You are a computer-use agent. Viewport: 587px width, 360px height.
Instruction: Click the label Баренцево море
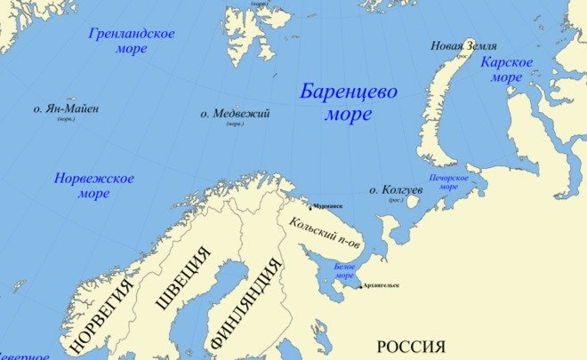tap(348, 102)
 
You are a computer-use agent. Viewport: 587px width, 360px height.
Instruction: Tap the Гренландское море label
tap(132, 41)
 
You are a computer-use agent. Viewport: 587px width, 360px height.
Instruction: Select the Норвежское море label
tap(93, 186)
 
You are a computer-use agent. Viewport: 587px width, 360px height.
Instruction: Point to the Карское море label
tap(506, 69)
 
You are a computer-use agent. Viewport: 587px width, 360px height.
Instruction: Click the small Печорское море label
tap(449, 182)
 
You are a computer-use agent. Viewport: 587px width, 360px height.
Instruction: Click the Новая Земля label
tap(463, 46)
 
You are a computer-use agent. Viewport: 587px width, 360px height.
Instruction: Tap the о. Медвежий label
tap(235, 114)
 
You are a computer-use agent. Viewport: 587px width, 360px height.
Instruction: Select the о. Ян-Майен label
tap(66, 109)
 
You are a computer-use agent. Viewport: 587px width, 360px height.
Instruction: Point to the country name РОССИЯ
tap(410, 346)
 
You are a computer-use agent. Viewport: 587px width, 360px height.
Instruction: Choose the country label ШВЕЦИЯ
tap(182, 279)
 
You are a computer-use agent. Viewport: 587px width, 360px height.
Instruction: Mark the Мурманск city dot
tap(310, 208)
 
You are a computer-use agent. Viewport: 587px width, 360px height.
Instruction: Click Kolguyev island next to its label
tap(413, 202)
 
